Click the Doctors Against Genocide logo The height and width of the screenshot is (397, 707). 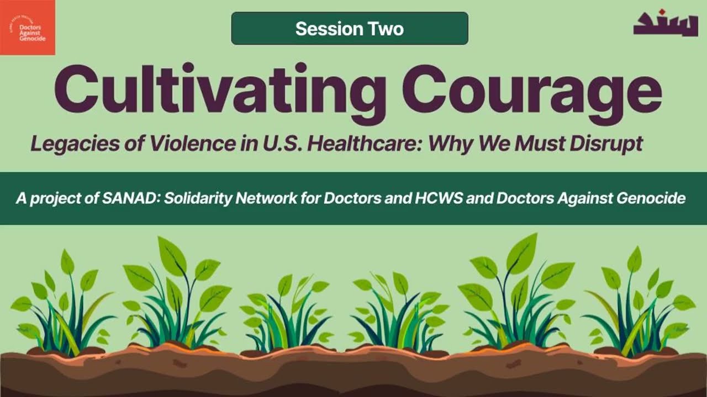[28, 28]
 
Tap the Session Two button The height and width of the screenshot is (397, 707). [349, 29]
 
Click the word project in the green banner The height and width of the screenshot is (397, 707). [50, 198]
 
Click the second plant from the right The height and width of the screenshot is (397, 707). [516, 298]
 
